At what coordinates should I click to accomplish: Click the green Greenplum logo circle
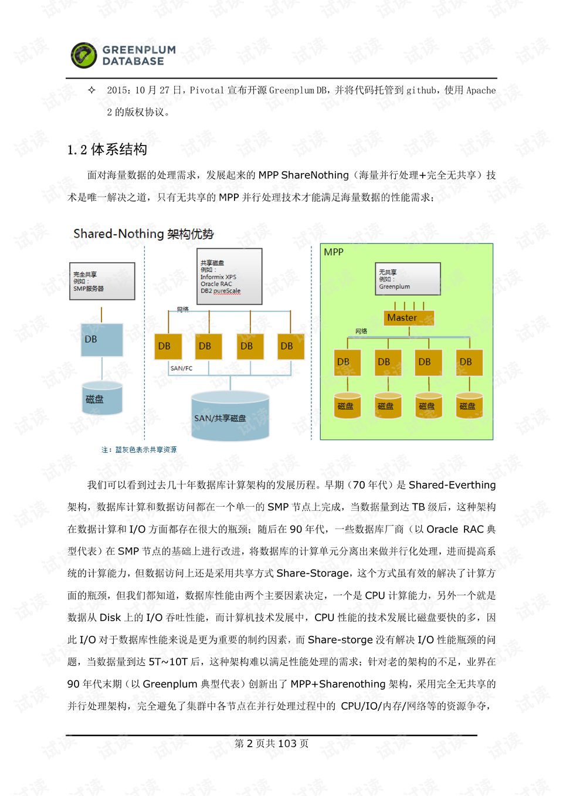(84, 56)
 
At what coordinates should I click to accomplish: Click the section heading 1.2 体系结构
(107, 150)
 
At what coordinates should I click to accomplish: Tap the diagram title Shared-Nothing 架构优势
(143, 233)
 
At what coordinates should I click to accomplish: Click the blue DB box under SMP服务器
(102, 340)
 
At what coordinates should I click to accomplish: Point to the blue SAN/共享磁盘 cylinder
(230, 416)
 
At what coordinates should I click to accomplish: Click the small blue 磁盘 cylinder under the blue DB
(102, 399)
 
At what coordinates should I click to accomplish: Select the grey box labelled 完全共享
(102, 282)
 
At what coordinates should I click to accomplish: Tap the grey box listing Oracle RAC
(229, 276)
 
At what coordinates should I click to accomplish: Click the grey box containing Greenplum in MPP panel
(408, 279)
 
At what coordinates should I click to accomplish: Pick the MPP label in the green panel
(334, 252)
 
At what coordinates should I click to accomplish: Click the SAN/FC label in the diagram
(181, 368)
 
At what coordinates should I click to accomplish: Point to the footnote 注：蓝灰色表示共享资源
(139, 450)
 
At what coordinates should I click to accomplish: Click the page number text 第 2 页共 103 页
(272, 744)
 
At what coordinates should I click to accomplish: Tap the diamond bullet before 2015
(91, 90)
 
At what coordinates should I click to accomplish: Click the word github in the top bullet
(422, 90)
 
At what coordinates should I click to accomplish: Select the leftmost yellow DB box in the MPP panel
(347, 362)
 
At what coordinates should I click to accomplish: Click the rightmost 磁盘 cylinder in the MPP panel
(469, 406)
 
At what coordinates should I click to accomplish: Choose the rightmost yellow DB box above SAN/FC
(290, 346)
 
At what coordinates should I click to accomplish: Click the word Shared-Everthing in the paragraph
(452, 485)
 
